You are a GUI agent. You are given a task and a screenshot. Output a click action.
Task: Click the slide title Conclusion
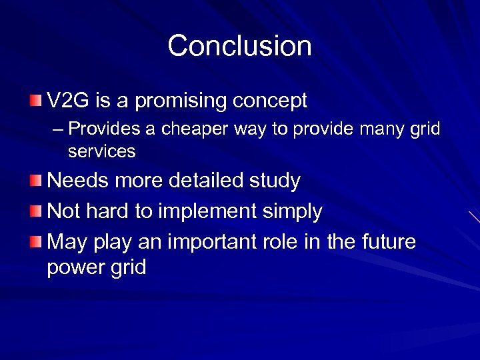pyautogui.click(x=239, y=46)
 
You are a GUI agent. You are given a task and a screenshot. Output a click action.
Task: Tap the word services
pyautogui.click(x=101, y=151)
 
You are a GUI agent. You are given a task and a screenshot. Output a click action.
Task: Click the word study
pyautogui.click(x=278, y=181)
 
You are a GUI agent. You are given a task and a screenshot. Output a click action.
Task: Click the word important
pyautogui.click(x=203, y=242)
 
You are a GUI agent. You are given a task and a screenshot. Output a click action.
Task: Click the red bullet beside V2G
pyautogui.click(x=35, y=101)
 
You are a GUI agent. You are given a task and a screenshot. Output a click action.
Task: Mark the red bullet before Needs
pyautogui.click(x=35, y=181)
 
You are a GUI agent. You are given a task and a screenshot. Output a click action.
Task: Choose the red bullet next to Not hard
pyautogui.click(x=35, y=211)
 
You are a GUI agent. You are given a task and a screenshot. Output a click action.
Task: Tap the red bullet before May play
pyautogui.click(x=35, y=241)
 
